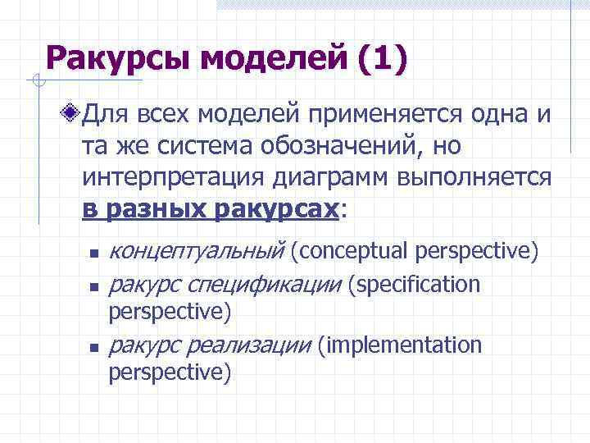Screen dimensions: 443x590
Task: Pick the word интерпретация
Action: (x=165, y=178)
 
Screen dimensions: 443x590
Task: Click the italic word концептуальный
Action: (x=196, y=251)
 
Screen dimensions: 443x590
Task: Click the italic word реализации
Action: (x=261, y=345)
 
